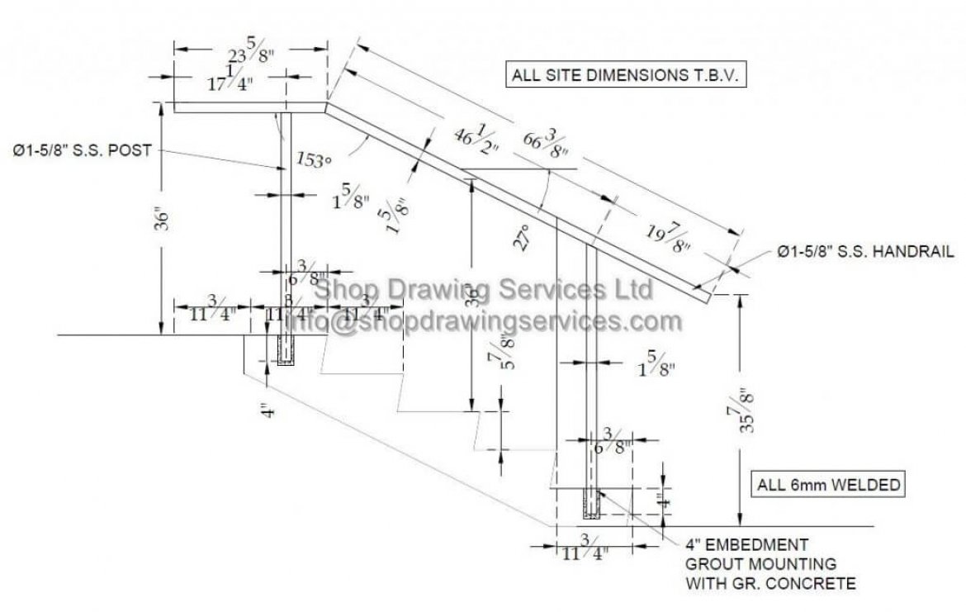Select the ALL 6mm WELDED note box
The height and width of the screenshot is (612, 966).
pyautogui.click(x=829, y=485)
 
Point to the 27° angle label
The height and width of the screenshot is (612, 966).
pyautogui.click(x=519, y=237)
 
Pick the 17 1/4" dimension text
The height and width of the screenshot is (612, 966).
pyautogui.click(x=218, y=82)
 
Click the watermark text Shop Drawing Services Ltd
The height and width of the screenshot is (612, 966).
pyautogui.click(x=485, y=291)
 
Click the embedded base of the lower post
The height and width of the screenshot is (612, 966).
pyautogui.click(x=592, y=504)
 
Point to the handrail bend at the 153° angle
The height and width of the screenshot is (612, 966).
pyautogui.click(x=327, y=107)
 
